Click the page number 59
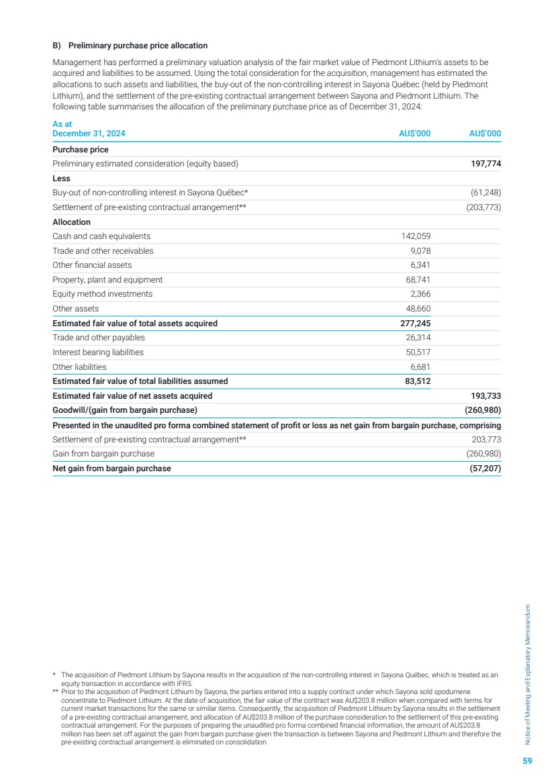coord(527,761)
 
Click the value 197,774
coord(485,164)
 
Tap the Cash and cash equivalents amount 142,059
coord(414,236)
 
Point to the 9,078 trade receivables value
coord(419,251)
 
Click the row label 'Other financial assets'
coord(92,265)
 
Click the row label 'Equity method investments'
coord(102,294)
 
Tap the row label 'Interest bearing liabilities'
coord(98,352)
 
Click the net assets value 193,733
coord(485,396)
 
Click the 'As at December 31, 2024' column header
coord(89,129)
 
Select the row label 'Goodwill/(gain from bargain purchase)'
coord(125,410)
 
